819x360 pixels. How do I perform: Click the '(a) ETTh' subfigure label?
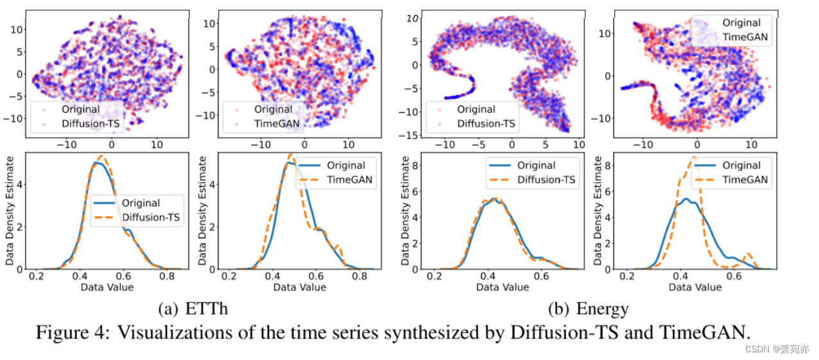(193, 309)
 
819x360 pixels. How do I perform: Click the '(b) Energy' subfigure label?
(588, 309)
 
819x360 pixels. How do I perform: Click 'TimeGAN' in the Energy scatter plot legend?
(745, 37)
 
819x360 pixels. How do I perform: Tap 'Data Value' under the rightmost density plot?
(695, 287)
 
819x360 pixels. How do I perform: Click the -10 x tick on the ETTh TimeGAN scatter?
(261, 145)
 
